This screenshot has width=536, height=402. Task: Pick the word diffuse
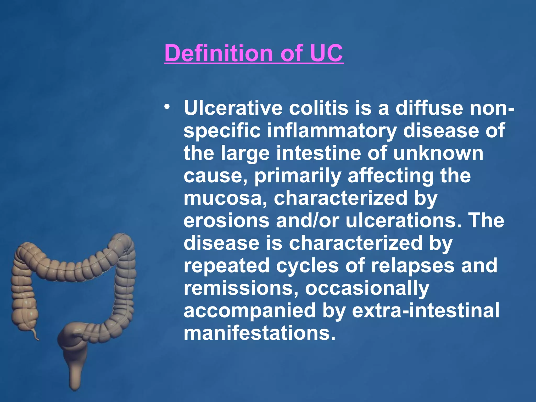429,108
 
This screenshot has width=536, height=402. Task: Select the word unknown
438,153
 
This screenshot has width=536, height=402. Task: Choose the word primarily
298,176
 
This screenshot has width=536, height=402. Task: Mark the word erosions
226,221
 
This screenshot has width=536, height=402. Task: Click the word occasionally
367,288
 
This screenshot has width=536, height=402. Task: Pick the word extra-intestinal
426,311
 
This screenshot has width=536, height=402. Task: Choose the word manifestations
259,333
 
